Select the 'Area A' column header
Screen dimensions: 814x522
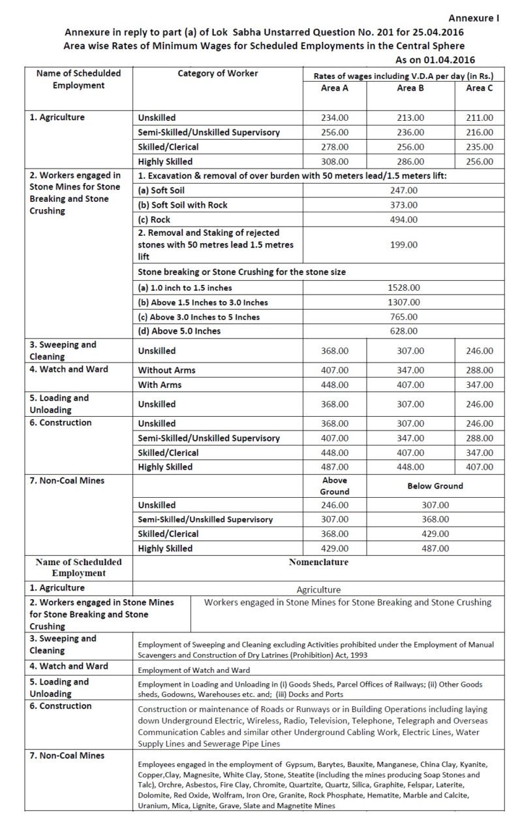335,88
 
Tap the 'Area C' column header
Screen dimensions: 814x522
480,88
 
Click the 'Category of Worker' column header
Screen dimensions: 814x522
218,74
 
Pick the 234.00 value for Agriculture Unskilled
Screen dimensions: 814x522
335,118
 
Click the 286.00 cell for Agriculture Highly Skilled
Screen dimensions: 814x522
411,161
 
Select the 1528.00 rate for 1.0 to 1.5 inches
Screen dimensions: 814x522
407,287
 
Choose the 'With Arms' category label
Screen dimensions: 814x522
160,385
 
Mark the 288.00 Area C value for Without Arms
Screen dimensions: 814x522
480,370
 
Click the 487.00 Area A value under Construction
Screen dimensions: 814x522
335,467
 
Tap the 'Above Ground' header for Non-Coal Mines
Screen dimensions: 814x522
335,486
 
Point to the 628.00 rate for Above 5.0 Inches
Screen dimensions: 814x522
407,331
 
